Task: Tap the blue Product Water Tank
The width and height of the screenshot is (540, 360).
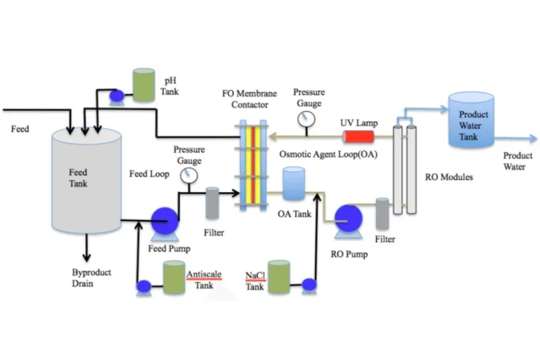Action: [x=472, y=120]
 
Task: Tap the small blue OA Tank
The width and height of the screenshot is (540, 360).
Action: [x=293, y=184]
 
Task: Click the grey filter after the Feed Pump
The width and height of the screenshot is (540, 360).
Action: [x=212, y=203]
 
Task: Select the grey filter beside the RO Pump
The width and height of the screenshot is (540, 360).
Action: [x=382, y=213]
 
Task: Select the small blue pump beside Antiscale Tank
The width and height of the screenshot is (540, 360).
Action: [x=144, y=286]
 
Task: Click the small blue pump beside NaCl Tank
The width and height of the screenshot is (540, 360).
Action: [x=308, y=285]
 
